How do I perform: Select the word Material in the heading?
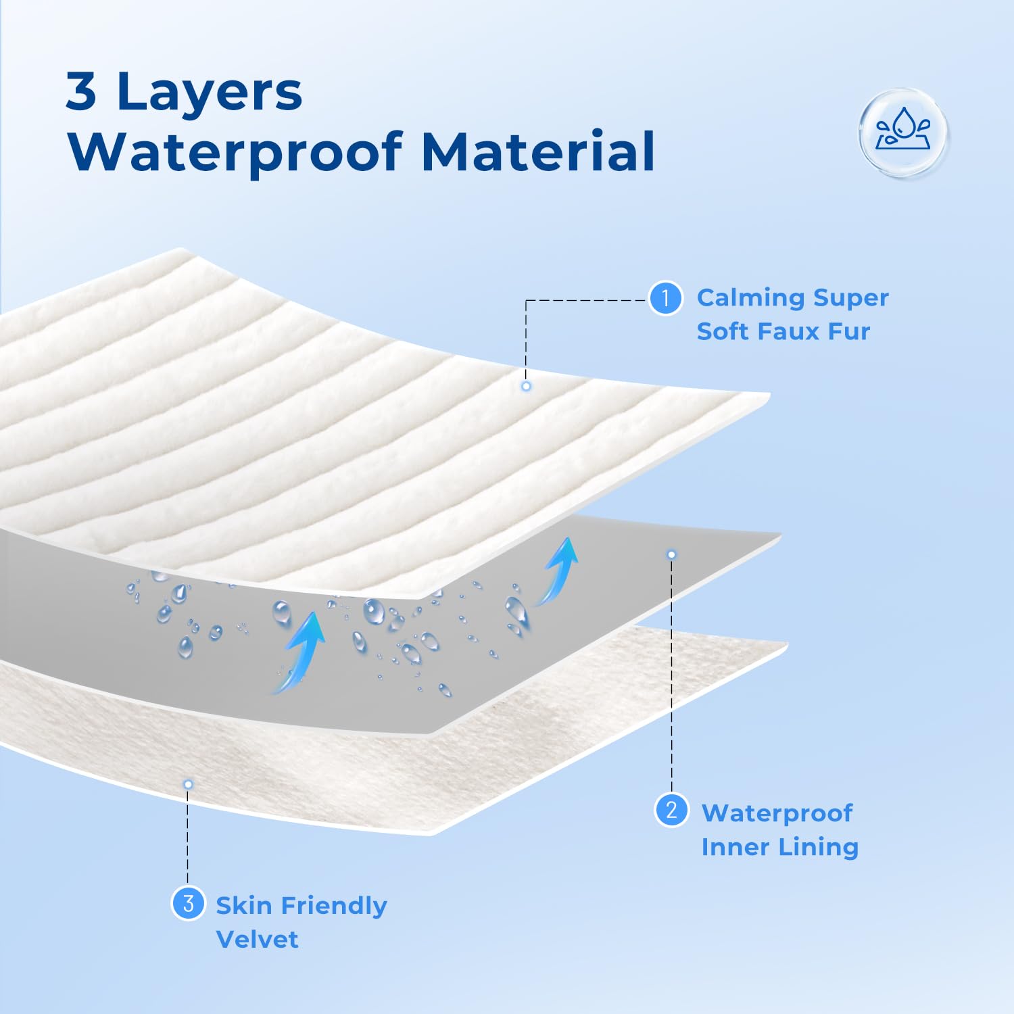(537, 151)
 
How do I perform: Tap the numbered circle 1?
(665, 298)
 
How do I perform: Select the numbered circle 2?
(671, 810)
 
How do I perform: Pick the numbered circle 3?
(188, 903)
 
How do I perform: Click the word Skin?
(244, 905)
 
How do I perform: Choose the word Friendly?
(334, 907)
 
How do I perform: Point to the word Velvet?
(257, 939)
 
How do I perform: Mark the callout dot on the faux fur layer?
(526, 386)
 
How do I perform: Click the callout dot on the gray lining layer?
(671, 554)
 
